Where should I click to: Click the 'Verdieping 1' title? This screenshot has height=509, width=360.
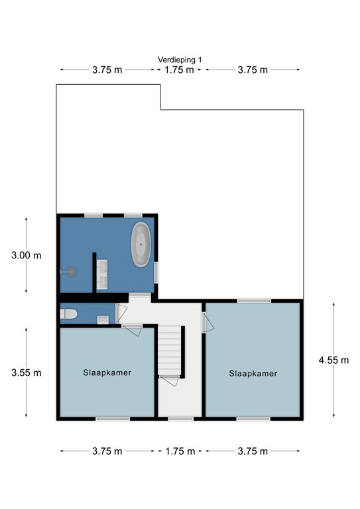180,60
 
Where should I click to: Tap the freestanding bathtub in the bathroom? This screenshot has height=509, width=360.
141,245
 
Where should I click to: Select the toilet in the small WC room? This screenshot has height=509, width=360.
68,314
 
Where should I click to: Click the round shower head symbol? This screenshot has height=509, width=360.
72,272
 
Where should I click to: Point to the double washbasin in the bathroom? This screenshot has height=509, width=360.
102,274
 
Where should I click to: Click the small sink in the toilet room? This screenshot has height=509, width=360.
103,319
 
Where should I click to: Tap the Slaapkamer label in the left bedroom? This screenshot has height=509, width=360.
107,372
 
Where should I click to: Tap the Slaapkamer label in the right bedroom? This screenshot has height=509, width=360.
253,373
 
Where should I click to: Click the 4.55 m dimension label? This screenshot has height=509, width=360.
333,360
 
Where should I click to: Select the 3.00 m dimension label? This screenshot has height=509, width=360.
27,255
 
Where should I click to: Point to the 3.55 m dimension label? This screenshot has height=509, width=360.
27,372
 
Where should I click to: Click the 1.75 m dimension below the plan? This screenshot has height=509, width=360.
180,451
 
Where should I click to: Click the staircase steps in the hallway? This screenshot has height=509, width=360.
170,350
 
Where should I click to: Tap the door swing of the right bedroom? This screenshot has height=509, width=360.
208,322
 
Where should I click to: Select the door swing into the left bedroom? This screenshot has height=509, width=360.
132,330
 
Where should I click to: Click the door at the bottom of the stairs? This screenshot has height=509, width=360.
169,381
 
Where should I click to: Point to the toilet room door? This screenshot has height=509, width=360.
119,313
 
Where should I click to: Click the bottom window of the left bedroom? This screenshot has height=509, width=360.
113,419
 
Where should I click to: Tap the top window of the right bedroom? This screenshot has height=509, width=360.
254,301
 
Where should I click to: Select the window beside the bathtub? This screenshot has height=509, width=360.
156,272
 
